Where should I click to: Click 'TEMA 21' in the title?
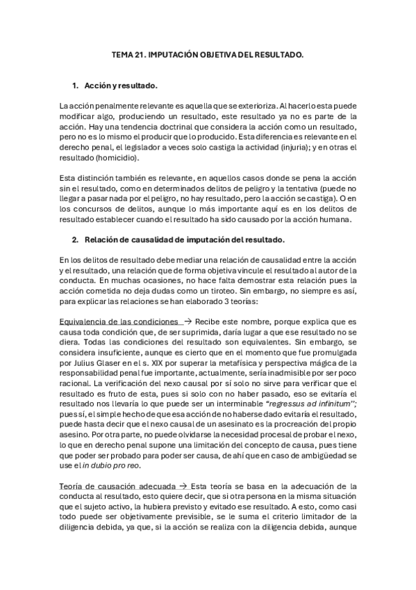click(x=126, y=53)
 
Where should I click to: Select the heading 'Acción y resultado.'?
click(x=121, y=86)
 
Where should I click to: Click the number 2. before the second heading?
click(x=76, y=241)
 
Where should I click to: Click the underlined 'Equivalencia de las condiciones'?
click(x=118, y=324)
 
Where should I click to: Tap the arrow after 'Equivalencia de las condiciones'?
click(x=188, y=324)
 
